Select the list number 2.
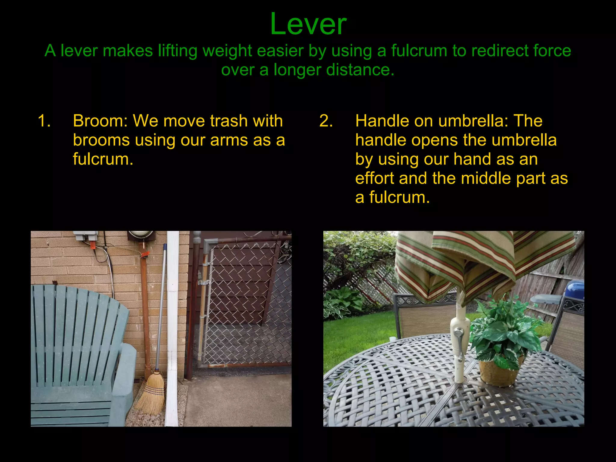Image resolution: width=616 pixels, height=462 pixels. pyautogui.click(x=326, y=121)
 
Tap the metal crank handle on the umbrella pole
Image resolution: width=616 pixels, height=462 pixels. pyautogui.click(x=458, y=343)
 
